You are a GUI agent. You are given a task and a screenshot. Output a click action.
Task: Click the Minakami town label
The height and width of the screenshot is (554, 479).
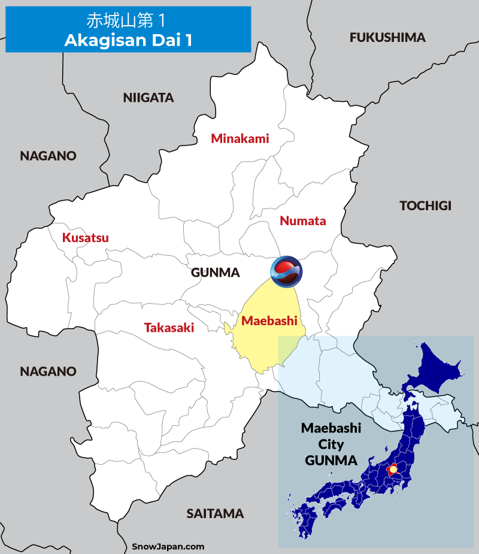pos(240,139)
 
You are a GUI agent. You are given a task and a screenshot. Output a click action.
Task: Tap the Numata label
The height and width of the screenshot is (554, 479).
pos(303,221)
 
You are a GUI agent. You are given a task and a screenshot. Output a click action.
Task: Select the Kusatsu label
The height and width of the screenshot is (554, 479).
pos(86,238)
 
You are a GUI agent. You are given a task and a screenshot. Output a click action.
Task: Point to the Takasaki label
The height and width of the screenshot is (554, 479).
pos(169,328)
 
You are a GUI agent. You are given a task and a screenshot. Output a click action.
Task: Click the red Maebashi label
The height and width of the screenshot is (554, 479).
pos(269,321)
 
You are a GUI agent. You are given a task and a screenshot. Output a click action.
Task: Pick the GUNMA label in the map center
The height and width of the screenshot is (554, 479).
pos(215,273)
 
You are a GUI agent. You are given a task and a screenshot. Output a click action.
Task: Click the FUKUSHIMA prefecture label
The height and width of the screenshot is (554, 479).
pos(387,38)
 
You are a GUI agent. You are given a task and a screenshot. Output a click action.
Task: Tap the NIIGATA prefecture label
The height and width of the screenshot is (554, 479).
pos(148,98)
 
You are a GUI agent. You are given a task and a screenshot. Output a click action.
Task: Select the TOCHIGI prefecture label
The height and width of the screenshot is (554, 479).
pos(425,206)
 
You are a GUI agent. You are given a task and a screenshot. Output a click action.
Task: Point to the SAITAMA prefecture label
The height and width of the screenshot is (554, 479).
pos(215,513)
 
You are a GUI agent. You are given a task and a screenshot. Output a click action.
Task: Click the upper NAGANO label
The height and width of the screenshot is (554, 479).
pos(48,156)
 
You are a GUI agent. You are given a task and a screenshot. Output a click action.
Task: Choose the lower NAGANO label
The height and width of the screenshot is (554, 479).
pos(48,371)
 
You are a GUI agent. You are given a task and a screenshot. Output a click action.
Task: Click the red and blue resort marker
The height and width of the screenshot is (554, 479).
pos(286,271)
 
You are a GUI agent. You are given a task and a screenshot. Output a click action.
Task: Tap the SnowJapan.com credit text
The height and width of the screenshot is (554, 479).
pos(168,546)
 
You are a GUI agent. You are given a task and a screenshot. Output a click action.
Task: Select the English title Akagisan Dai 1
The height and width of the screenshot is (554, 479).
pos(128,40)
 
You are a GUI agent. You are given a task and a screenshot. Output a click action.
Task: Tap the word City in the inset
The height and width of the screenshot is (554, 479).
pos(331,444)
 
